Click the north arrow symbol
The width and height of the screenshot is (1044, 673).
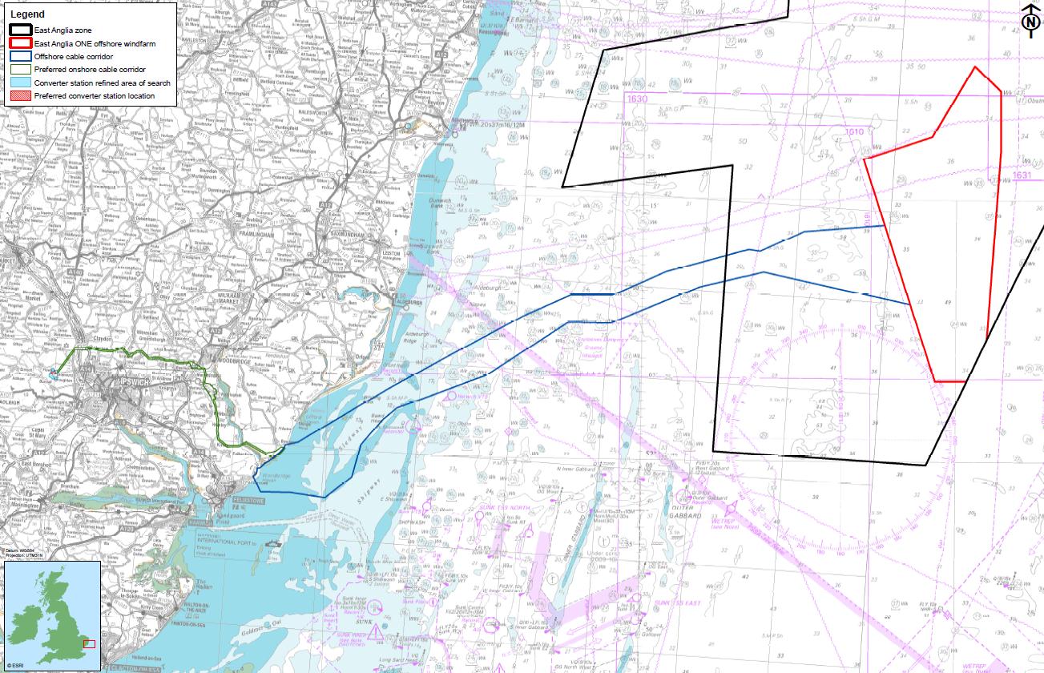tap(1030, 20)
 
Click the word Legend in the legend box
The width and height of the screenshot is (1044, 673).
tap(27, 14)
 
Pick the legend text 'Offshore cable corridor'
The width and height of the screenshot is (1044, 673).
tap(73, 57)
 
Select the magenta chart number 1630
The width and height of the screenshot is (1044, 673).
tap(638, 99)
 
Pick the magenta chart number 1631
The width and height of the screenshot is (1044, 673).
tap(1022, 175)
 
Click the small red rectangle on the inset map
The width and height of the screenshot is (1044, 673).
tap(89, 643)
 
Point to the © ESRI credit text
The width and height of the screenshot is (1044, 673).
tap(14, 666)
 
